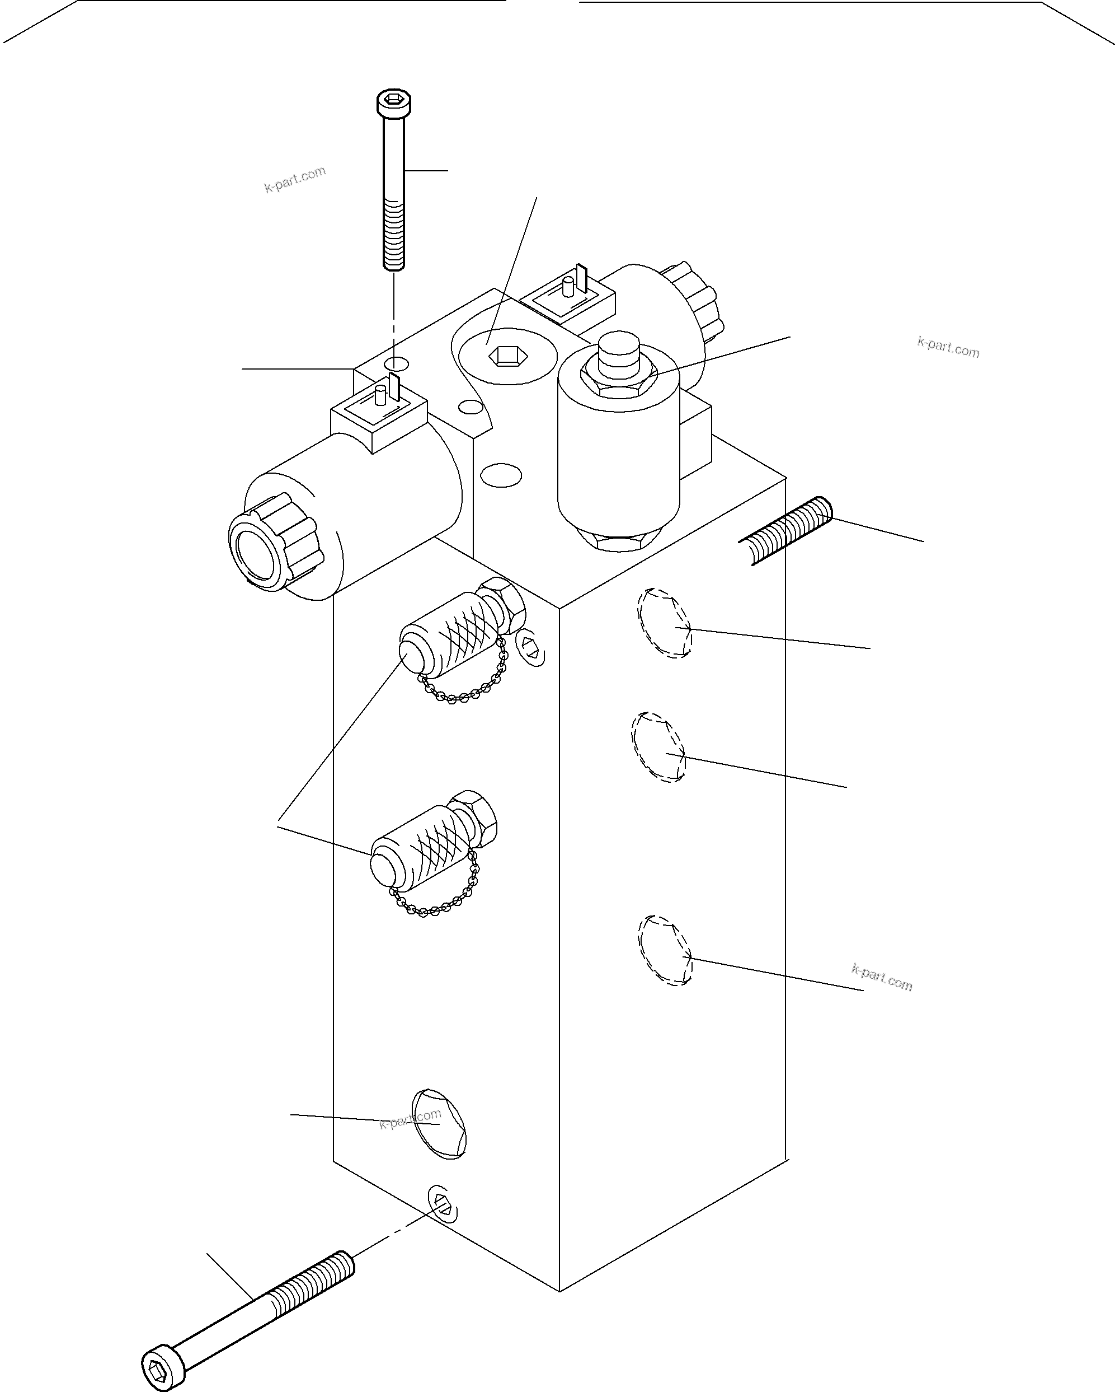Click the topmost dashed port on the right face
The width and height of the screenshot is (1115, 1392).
(x=664, y=623)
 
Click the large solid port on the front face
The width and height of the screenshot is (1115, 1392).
(x=439, y=1123)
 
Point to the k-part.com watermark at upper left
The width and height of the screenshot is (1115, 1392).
(x=295, y=180)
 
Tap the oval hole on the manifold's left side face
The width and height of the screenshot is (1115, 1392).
(x=501, y=476)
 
